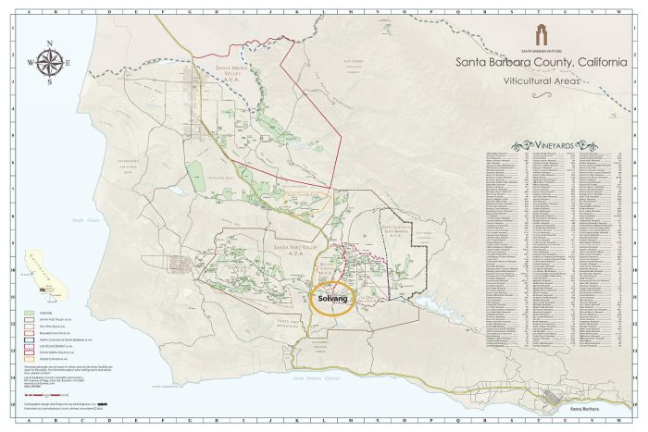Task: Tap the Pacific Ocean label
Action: click(86, 218)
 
